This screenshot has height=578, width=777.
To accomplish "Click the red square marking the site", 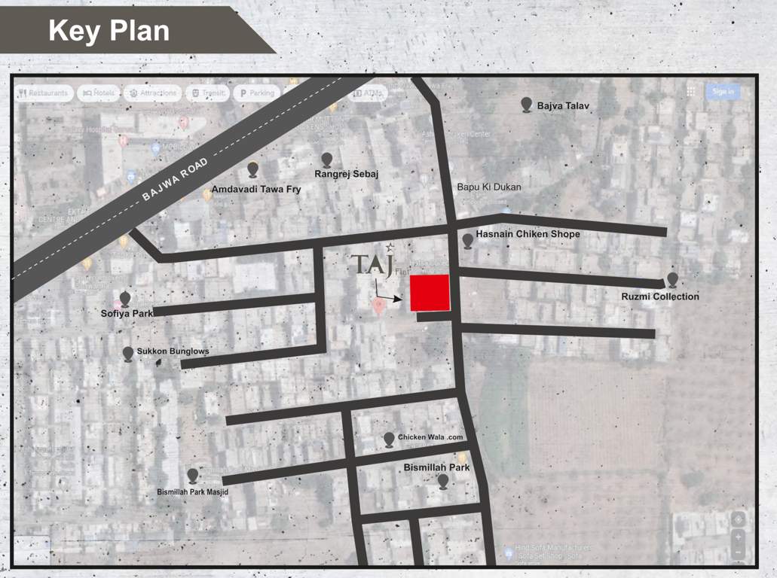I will point(430,293).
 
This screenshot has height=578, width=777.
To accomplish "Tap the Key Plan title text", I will point(109,31).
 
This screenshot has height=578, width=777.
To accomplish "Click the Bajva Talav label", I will point(563,107).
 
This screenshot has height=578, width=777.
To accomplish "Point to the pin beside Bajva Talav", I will point(527,105).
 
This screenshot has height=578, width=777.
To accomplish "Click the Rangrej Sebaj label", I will point(347,175).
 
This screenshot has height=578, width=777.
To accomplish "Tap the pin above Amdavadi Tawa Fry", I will point(253,169).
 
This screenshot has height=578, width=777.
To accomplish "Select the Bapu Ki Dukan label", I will point(489,187).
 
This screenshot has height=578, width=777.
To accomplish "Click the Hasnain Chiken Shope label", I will point(528,234).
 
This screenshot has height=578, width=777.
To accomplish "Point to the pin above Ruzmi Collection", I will point(672,280).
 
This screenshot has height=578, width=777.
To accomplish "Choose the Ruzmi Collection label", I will point(660,297).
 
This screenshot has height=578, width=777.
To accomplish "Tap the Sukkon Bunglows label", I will point(173,351).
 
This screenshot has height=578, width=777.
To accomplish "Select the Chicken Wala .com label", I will point(430,437).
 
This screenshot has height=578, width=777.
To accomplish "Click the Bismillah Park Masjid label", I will point(192,492).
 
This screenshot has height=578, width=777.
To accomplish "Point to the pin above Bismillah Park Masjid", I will point(193,476).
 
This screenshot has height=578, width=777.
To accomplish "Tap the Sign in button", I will point(722,92).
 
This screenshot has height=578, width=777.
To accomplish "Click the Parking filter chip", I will point(255,93).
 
